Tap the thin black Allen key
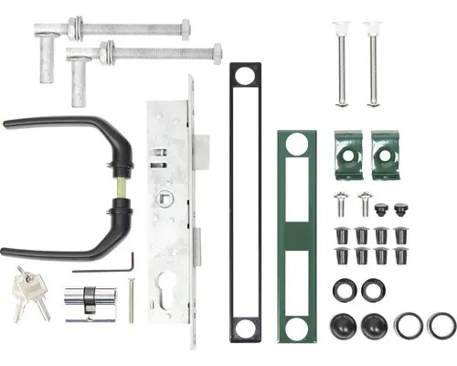point(105,268)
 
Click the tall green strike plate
point(296,234)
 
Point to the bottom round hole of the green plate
point(295,326)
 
